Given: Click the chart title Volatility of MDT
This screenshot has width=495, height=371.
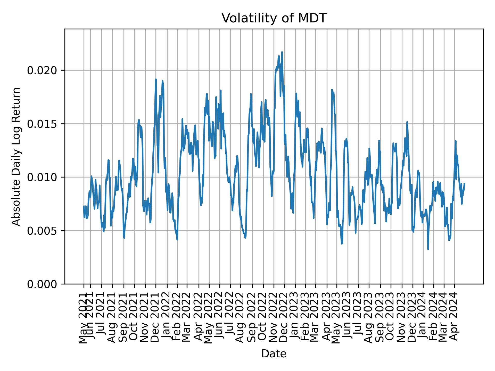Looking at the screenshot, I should pyautogui.click(x=274, y=18).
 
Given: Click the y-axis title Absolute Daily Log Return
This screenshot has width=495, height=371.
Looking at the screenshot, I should pyautogui.click(x=16, y=156).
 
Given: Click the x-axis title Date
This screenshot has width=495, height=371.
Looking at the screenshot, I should pyautogui.click(x=274, y=354).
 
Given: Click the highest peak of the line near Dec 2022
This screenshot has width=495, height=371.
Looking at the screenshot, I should pyautogui.click(x=282, y=52).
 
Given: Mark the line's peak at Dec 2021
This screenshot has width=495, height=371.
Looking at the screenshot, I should pyautogui.click(x=156, y=79).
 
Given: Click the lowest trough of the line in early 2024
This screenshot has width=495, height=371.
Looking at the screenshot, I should pyautogui.click(x=428, y=249).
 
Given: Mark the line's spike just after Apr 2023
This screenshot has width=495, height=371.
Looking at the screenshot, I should pyautogui.click(x=332, y=89).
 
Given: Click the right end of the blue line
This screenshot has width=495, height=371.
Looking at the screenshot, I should pyautogui.click(x=464, y=183).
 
